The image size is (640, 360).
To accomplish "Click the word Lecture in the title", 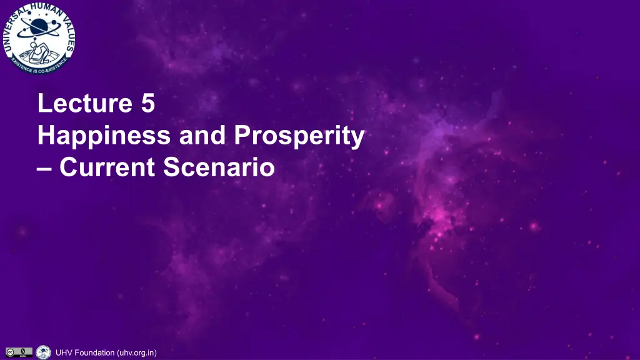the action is click(x=85, y=103).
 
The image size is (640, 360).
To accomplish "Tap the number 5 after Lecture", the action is click(x=147, y=103).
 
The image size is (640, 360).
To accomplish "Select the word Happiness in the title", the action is click(x=104, y=136).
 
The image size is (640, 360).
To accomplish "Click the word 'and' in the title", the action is click(x=202, y=135).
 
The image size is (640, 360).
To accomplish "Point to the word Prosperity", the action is click(x=299, y=136).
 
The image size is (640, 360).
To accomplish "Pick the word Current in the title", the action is click(x=107, y=167).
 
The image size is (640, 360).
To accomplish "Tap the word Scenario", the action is click(x=219, y=167).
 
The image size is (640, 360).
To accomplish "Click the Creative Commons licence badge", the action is click(x=19, y=352).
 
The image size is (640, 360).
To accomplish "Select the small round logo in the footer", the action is click(x=43, y=352).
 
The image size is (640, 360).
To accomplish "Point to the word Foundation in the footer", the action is click(x=95, y=352).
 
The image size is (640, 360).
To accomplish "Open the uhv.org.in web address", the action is click(x=137, y=353).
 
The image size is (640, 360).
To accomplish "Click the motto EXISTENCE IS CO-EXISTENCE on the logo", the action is click(x=39, y=65).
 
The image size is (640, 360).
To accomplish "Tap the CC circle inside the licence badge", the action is click(x=10, y=352).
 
